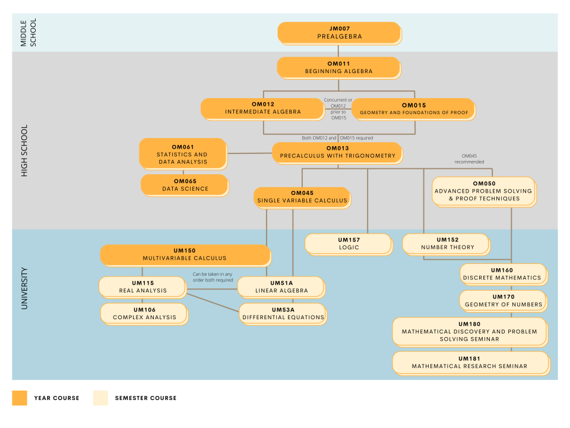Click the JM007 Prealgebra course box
click(x=338, y=33)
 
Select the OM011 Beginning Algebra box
click(x=338, y=67)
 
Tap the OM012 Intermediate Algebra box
click(x=262, y=108)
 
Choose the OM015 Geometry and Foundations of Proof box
click(x=413, y=109)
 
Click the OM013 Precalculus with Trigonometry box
click(x=337, y=152)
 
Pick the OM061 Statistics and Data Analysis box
click(x=182, y=153)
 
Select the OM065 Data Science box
click(x=185, y=185)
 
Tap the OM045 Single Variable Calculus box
click(x=302, y=197)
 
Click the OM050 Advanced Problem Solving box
click(x=483, y=191)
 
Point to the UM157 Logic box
click(x=349, y=244)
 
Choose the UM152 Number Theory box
click(x=446, y=244)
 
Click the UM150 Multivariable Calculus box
click(x=185, y=254)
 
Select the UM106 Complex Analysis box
click(x=144, y=313)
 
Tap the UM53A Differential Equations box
click(x=283, y=313)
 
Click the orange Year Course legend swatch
click(x=20, y=398)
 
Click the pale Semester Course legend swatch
click(x=100, y=398)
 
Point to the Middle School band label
click(x=27, y=33)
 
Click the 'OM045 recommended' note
click(x=469, y=159)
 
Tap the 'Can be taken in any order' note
click(x=213, y=277)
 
